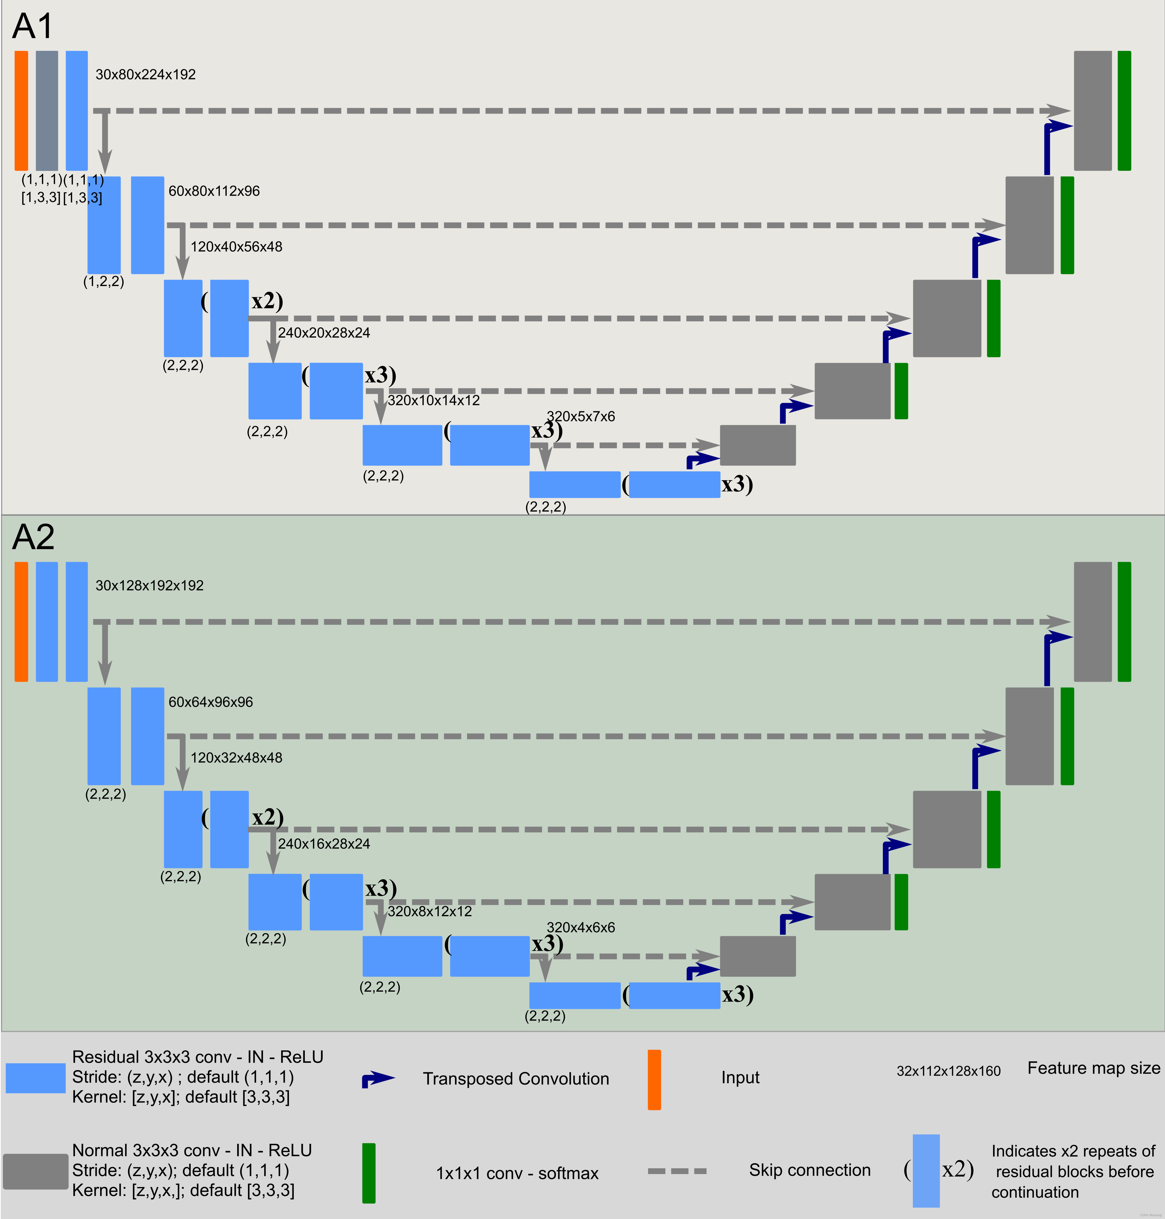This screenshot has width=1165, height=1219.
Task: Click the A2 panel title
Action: pos(33,537)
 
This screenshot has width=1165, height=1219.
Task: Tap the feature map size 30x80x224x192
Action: pos(145,74)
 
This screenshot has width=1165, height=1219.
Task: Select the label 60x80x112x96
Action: pos(214,191)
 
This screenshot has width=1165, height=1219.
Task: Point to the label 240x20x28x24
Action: pos(324,333)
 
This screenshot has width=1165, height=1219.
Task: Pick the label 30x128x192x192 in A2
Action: pos(149,586)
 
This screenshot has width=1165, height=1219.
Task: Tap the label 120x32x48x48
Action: pos(236,758)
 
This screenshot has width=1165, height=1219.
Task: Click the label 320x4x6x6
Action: pos(581,927)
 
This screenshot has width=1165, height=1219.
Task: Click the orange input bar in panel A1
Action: pos(21,111)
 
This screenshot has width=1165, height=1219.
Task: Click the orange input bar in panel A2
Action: pos(21,622)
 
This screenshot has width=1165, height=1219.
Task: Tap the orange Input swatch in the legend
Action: pos(654,1079)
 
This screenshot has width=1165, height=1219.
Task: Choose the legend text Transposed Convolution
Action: pos(515,1079)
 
